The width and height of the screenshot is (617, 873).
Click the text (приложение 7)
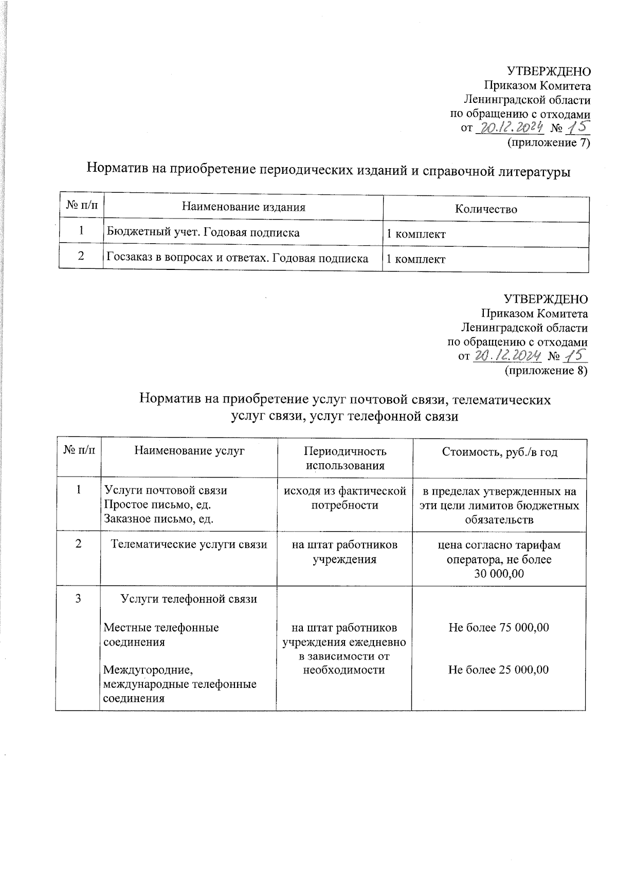(548, 142)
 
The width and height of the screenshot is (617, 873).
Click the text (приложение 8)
(546, 370)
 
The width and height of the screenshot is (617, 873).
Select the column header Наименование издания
(243, 207)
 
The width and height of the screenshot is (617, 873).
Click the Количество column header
(485, 209)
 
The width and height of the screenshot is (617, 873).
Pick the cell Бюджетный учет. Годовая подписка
(203, 232)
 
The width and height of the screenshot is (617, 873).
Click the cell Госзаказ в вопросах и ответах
(237, 258)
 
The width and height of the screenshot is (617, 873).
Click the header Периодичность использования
(344, 458)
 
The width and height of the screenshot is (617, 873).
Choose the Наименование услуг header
(189, 451)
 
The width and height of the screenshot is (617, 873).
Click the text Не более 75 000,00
(498, 627)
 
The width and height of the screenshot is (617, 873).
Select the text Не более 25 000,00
(498, 669)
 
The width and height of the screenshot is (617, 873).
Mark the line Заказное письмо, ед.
(158, 519)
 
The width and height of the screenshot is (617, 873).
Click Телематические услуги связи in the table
(189, 544)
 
